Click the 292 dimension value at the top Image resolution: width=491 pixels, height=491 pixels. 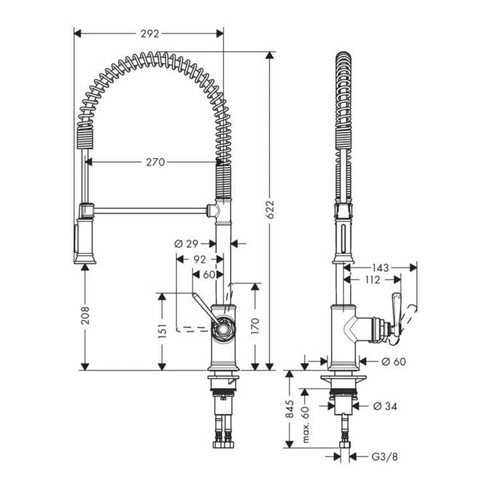[x=150, y=34]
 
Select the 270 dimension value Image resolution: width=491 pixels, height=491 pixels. [x=156, y=162]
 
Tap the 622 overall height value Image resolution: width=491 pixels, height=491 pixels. [x=270, y=210]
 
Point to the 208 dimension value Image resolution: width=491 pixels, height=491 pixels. [x=86, y=315]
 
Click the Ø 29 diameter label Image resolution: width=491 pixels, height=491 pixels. [x=186, y=244]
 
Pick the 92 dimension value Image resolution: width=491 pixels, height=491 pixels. [x=200, y=259]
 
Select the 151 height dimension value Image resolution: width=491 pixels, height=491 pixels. [x=162, y=331]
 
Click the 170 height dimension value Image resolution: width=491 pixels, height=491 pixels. [x=255, y=326]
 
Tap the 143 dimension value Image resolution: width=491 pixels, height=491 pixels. [x=381, y=268]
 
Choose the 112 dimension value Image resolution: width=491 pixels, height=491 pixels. [x=372, y=280]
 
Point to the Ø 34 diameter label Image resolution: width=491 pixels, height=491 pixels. [x=385, y=406]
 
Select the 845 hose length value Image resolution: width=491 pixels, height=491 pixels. [x=289, y=409]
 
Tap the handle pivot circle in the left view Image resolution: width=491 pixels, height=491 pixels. [x=223, y=329]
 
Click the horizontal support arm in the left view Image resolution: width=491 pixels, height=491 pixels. [x=150, y=211]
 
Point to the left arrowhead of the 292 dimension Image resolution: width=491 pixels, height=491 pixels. [x=77, y=33]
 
